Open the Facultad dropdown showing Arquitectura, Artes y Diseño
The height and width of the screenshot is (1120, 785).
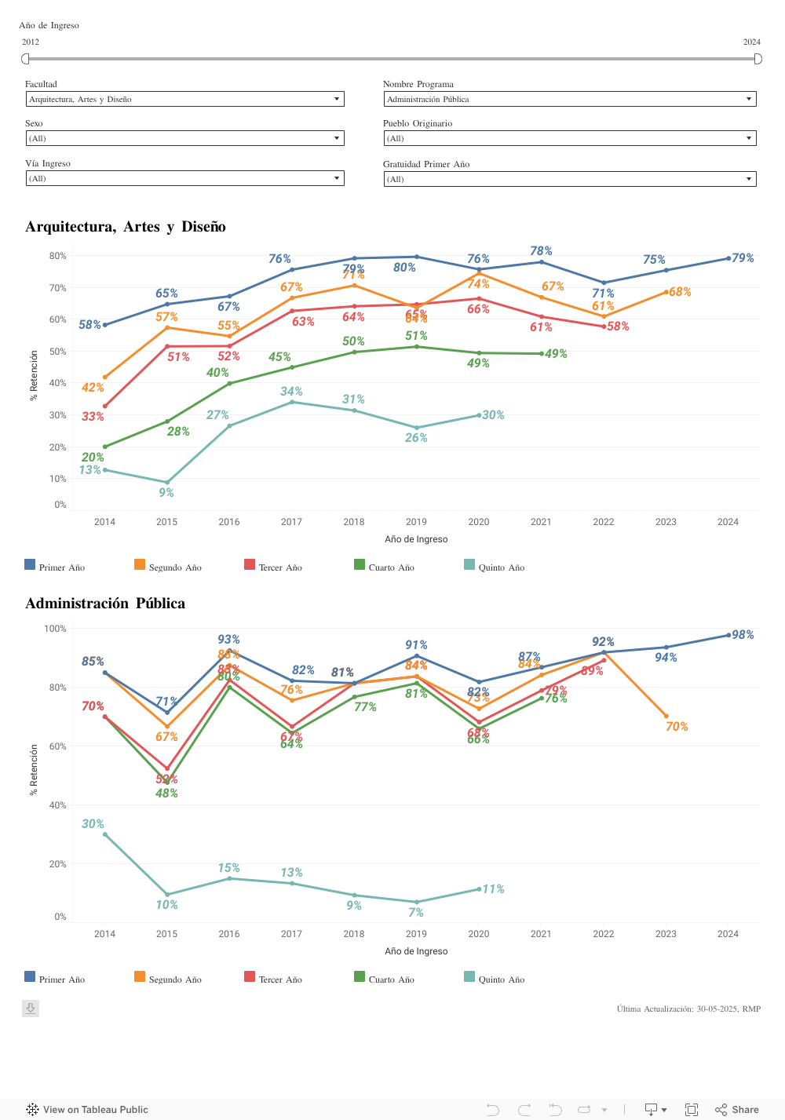[x=184, y=99]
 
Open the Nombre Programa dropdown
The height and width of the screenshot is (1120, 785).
[x=570, y=99]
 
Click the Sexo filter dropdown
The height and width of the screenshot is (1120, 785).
[x=184, y=138]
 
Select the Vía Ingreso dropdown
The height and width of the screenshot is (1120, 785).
[x=184, y=178]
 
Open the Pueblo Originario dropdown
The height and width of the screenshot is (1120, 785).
[x=570, y=138]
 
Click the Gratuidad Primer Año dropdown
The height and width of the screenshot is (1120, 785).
[x=570, y=179]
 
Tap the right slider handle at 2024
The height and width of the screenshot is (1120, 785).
[x=758, y=59]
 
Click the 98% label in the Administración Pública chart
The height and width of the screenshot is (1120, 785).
[x=743, y=635]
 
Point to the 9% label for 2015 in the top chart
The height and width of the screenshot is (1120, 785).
[x=166, y=493]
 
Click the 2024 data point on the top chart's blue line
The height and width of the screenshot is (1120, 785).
[x=728, y=258]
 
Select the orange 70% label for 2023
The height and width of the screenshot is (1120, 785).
[x=677, y=727]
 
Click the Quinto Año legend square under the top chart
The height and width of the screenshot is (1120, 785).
[x=469, y=564]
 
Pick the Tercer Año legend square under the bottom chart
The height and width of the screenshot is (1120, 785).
[x=250, y=976]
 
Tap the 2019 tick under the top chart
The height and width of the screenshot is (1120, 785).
[x=416, y=522]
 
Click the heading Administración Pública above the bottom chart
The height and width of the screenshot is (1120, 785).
[x=105, y=604]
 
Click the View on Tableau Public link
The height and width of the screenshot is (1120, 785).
[x=95, y=1110]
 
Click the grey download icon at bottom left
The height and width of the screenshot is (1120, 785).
[x=31, y=1009]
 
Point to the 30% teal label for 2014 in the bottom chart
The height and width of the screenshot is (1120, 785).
[x=93, y=824]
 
